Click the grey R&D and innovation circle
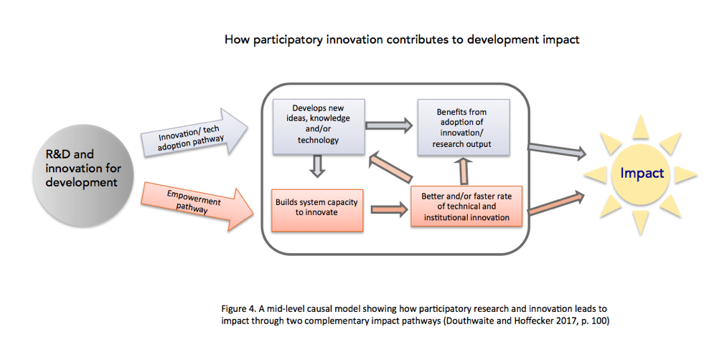[x=83, y=176]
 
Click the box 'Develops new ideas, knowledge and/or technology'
[x=319, y=126]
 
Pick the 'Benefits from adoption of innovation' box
[x=463, y=128]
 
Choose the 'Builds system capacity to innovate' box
[x=317, y=210]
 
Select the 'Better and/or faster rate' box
[x=466, y=206]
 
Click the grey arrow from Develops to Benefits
[x=390, y=125]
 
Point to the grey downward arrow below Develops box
[x=317, y=166]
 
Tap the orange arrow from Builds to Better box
[x=390, y=209]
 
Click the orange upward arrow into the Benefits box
[x=464, y=171]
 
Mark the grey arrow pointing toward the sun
[x=557, y=150]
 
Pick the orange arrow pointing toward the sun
[x=556, y=202]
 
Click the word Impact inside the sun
[x=642, y=173]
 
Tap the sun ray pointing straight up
[x=640, y=125]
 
